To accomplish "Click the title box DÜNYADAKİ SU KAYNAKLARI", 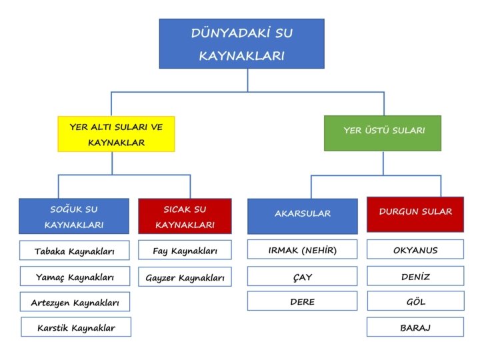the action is pos(241,43).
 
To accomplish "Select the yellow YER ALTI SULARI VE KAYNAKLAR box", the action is pos(116,134).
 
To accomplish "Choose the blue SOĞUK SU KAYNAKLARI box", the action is pos(74,216).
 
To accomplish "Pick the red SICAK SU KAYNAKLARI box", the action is pos(185,216).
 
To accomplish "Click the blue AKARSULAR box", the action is pos(302,215).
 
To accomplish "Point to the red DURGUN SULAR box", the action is pos(415,213).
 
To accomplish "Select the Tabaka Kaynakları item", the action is pos(75,251).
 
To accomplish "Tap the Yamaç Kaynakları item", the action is pos(75,277).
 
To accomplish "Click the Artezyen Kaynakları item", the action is pos(75,302).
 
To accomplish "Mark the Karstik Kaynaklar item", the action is pos(76,327).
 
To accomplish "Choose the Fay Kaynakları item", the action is pos(185,251).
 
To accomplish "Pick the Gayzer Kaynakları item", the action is pos(185,277).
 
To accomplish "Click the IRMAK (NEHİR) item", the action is pos(302,250).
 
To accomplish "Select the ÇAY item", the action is pos(302,276).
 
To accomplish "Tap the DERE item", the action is pos(302,301).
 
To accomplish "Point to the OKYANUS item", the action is pos(415,250).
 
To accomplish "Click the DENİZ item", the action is pos(415,276).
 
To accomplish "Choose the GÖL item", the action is pos(415,301).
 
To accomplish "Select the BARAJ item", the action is pos(415,327).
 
